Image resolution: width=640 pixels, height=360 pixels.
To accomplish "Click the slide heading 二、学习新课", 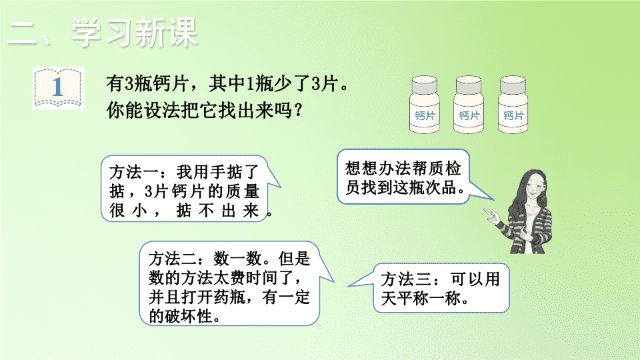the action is (x=103, y=32).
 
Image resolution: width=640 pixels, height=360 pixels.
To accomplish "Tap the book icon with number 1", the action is (x=59, y=88).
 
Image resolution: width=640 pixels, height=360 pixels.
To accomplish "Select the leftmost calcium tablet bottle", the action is (x=425, y=105).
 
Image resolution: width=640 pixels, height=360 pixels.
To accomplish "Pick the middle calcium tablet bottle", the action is (x=469, y=105).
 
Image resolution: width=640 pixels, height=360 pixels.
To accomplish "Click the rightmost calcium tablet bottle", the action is (x=513, y=105).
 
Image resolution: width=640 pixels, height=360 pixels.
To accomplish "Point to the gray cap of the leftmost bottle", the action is (x=425, y=85).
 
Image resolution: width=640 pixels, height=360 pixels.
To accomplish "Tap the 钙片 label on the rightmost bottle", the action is (x=513, y=116).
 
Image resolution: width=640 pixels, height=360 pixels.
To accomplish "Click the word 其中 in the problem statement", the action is (x=227, y=84).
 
